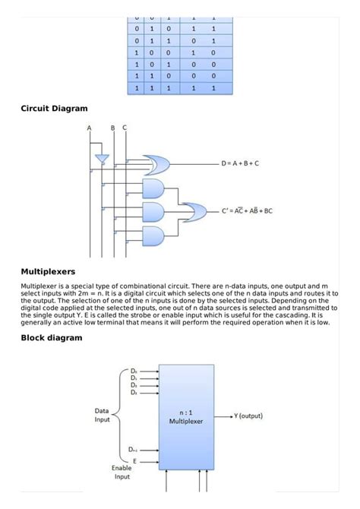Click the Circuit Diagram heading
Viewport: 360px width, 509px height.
(x=54, y=109)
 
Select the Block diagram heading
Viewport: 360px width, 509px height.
(x=51, y=337)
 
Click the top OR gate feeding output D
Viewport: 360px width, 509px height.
(x=156, y=163)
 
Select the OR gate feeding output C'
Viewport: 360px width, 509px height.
(x=195, y=211)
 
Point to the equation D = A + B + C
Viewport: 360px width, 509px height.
(x=239, y=163)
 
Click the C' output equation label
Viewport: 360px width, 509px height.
(x=247, y=211)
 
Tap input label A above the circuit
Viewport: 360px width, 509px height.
(x=89, y=128)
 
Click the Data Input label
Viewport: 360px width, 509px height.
(x=102, y=415)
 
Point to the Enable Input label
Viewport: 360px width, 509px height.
(x=122, y=473)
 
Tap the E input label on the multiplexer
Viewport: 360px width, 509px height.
(x=134, y=460)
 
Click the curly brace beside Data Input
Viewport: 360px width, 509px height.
(x=120, y=415)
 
